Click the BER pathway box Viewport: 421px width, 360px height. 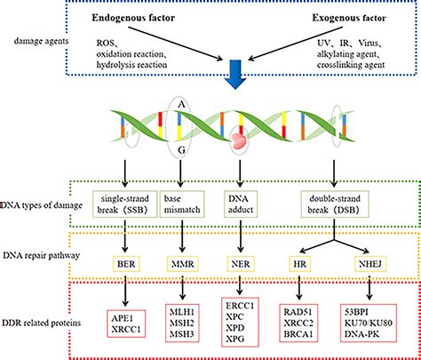[x=126, y=264]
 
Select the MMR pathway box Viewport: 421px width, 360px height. [x=183, y=264]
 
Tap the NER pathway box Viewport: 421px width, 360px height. [x=241, y=264]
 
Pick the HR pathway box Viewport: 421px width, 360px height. [x=299, y=264]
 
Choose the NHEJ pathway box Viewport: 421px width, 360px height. [x=370, y=264]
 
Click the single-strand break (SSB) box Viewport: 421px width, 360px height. [x=125, y=204]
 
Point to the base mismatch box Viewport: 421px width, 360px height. [x=182, y=204]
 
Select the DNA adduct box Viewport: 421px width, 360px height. [x=241, y=204]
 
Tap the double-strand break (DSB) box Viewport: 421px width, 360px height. [x=335, y=204]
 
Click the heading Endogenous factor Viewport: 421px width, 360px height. [x=133, y=18]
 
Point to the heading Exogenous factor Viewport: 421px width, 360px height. [x=349, y=18]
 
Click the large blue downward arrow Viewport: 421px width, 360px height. [x=235, y=74]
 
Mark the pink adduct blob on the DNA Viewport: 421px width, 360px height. [x=239, y=140]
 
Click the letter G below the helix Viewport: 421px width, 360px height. [x=181, y=150]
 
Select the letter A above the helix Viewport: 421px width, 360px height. [x=181, y=105]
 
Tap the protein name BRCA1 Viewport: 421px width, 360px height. [x=298, y=334]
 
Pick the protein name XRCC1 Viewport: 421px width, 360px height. [x=126, y=329]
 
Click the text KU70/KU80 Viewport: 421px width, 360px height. [x=369, y=323]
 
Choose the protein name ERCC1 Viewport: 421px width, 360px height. [x=240, y=306]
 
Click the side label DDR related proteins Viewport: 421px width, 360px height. [x=42, y=323]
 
